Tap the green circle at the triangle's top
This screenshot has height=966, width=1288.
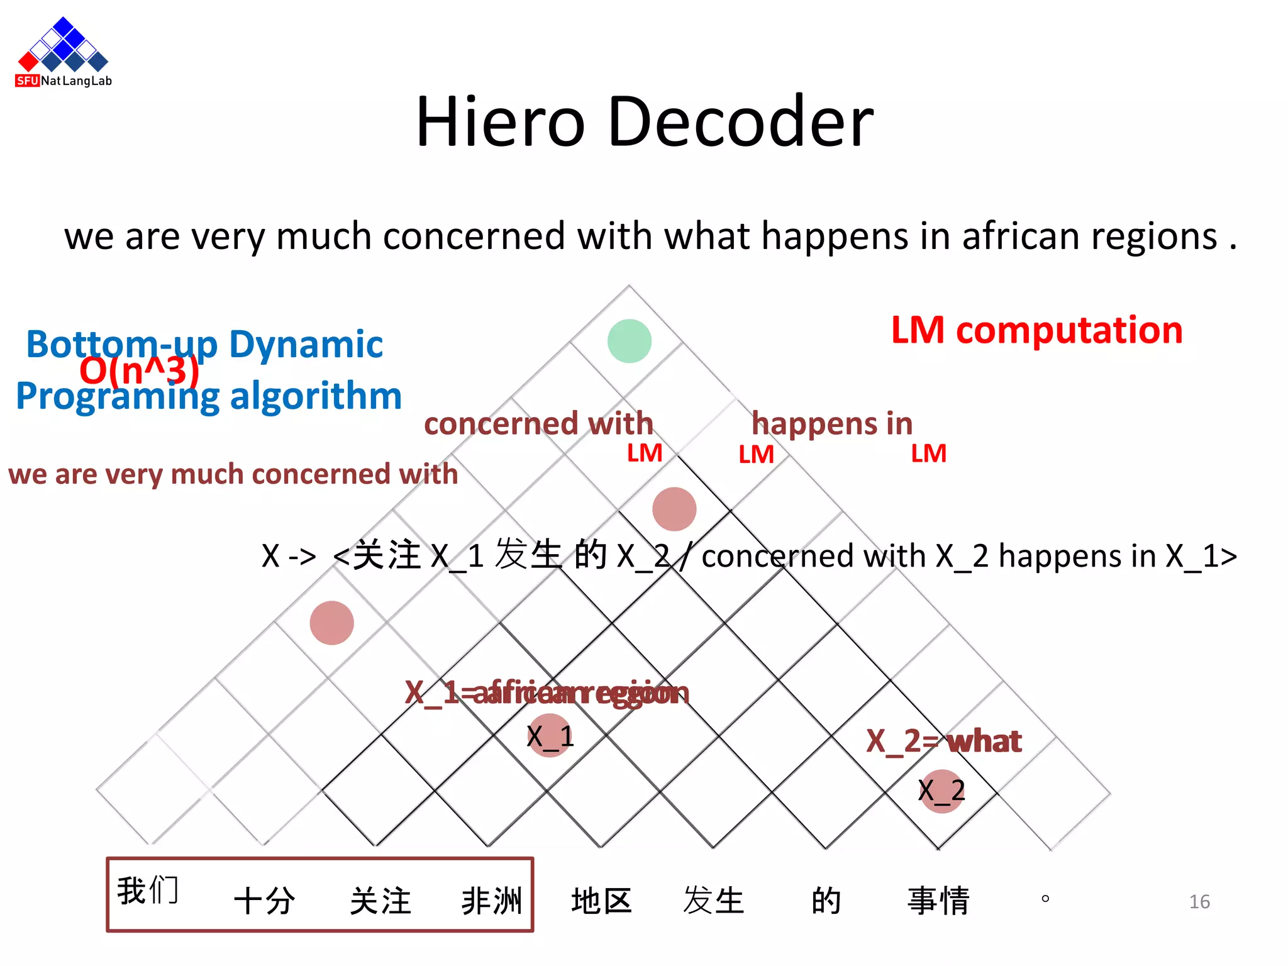click(x=629, y=341)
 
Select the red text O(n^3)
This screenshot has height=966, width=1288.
click(x=139, y=371)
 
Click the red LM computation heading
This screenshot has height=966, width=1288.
click(x=1036, y=330)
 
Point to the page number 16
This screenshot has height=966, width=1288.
click(x=1199, y=902)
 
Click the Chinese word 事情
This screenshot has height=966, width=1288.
click(x=938, y=901)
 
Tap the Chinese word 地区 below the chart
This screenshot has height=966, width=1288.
click(x=601, y=901)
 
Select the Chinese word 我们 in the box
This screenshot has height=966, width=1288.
click(x=148, y=891)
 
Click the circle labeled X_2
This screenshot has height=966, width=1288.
click(x=941, y=791)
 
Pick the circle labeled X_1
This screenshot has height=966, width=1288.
click(x=550, y=736)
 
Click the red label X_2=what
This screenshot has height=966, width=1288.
click(x=943, y=741)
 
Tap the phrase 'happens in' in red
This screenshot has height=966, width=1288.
click(x=831, y=423)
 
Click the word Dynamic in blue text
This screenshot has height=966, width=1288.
click(x=306, y=344)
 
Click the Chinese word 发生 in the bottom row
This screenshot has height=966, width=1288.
click(x=713, y=901)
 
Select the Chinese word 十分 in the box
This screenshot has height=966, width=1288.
click(x=264, y=901)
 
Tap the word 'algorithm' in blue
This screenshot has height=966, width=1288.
click(x=316, y=396)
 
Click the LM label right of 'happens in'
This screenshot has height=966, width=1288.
click(x=928, y=453)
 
